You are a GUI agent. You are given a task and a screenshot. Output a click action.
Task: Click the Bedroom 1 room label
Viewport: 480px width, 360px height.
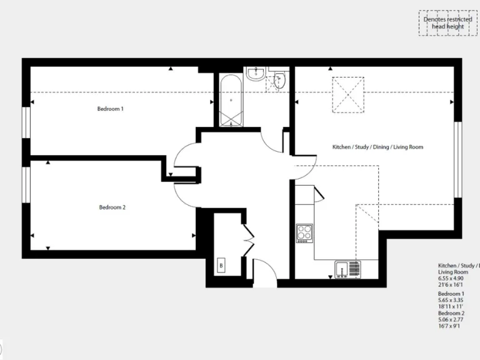tap(110, 109)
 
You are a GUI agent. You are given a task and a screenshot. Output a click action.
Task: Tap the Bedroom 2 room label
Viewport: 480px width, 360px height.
tap(112, 207)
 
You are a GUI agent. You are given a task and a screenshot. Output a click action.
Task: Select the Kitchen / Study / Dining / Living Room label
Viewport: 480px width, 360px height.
tap(377, 147)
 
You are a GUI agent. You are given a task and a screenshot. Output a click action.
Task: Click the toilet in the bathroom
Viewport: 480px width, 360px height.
tap(280, 80)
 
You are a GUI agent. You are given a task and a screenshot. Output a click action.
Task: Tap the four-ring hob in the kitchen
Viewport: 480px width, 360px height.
tap(304, 232)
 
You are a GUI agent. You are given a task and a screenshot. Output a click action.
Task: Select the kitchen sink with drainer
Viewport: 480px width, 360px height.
tap(347, 269)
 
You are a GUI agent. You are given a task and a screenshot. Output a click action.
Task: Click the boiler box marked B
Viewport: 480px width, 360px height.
tap(221, 266)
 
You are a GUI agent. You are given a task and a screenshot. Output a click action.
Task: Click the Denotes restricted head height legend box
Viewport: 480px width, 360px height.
tap(447, 22)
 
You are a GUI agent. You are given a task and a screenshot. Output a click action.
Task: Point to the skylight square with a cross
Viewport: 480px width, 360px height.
tap(347, 95)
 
